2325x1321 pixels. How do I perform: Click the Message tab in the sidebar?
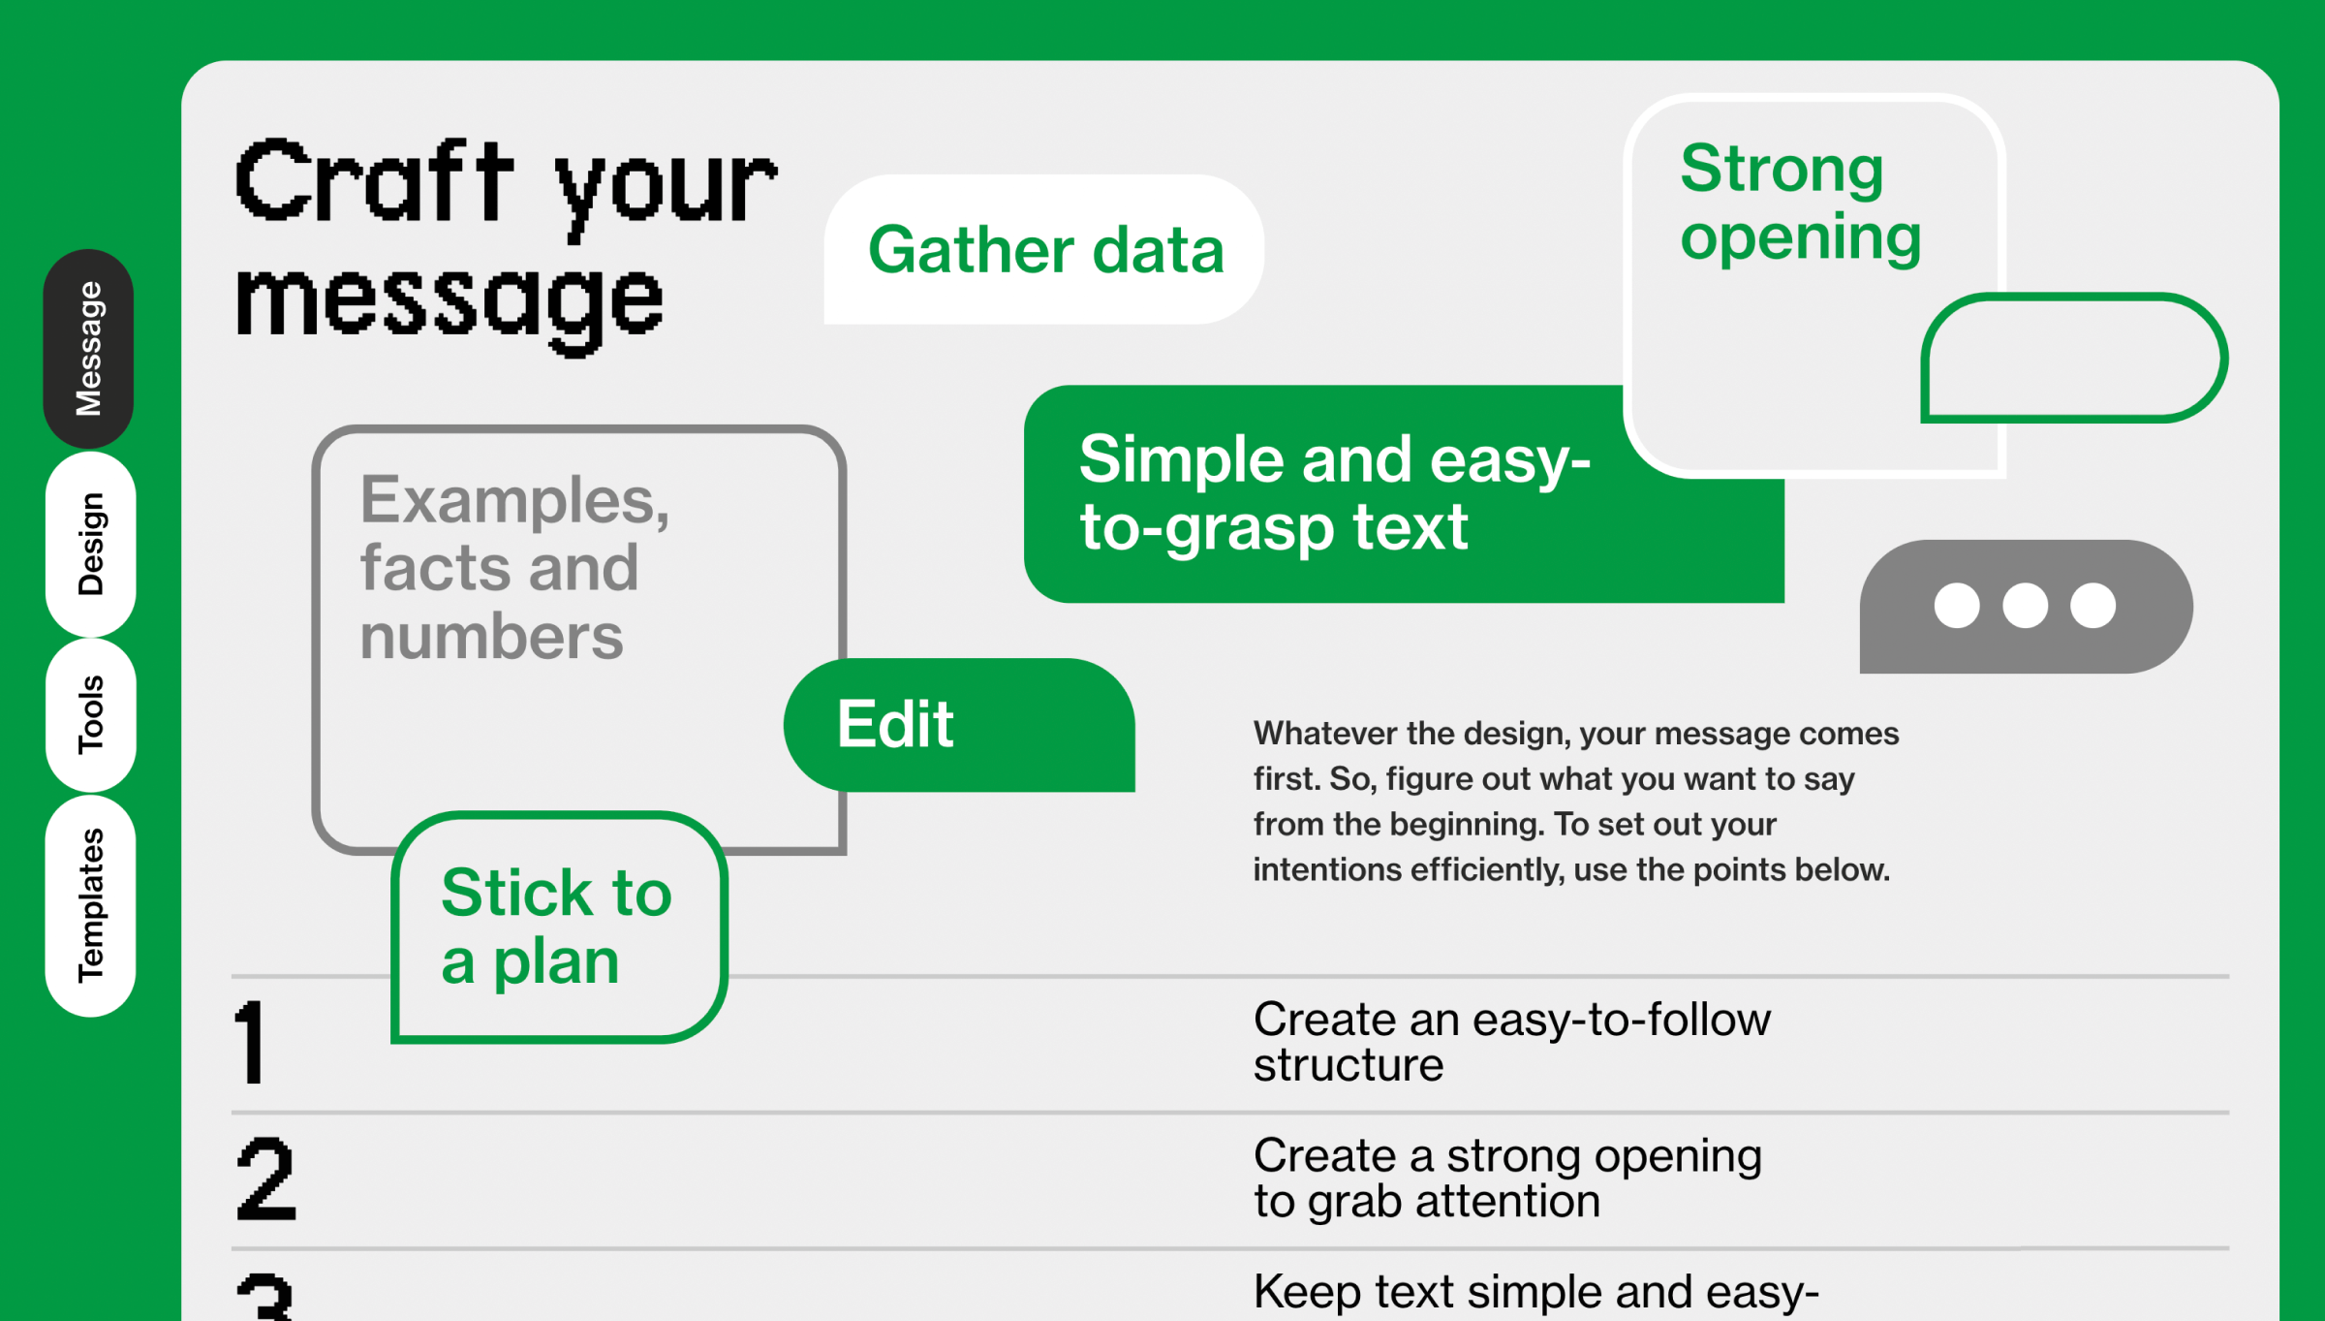pos(88,349)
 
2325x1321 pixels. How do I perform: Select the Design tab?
pos(90,544)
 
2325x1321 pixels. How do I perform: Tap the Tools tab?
pos(90,714)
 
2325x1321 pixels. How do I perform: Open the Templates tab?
pos(90,905)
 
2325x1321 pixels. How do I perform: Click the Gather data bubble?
pos(1044,250)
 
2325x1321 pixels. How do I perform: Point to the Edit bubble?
pos(959,725)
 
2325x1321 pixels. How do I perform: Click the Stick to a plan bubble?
pos(558,927)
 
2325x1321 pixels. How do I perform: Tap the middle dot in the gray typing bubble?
pos(2025,606)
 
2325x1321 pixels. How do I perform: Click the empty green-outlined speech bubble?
pos(2073,359)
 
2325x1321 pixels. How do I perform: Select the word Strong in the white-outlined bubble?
pos(1782,170)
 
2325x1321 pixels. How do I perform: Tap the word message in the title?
pos(449,302)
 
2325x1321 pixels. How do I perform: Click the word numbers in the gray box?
pos(491,637)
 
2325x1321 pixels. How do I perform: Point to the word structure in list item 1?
pos(1348,1065)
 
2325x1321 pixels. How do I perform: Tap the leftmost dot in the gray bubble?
pos(1957,606)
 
